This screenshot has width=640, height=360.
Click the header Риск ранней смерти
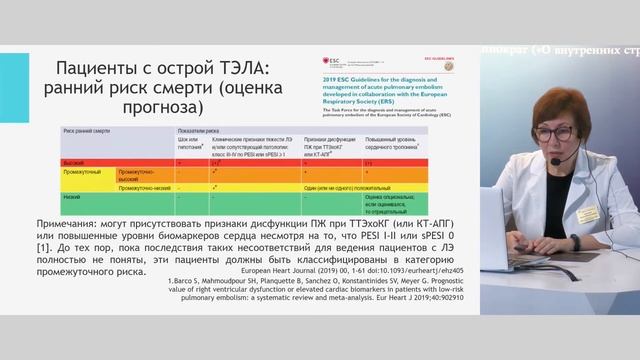(84, 131)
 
